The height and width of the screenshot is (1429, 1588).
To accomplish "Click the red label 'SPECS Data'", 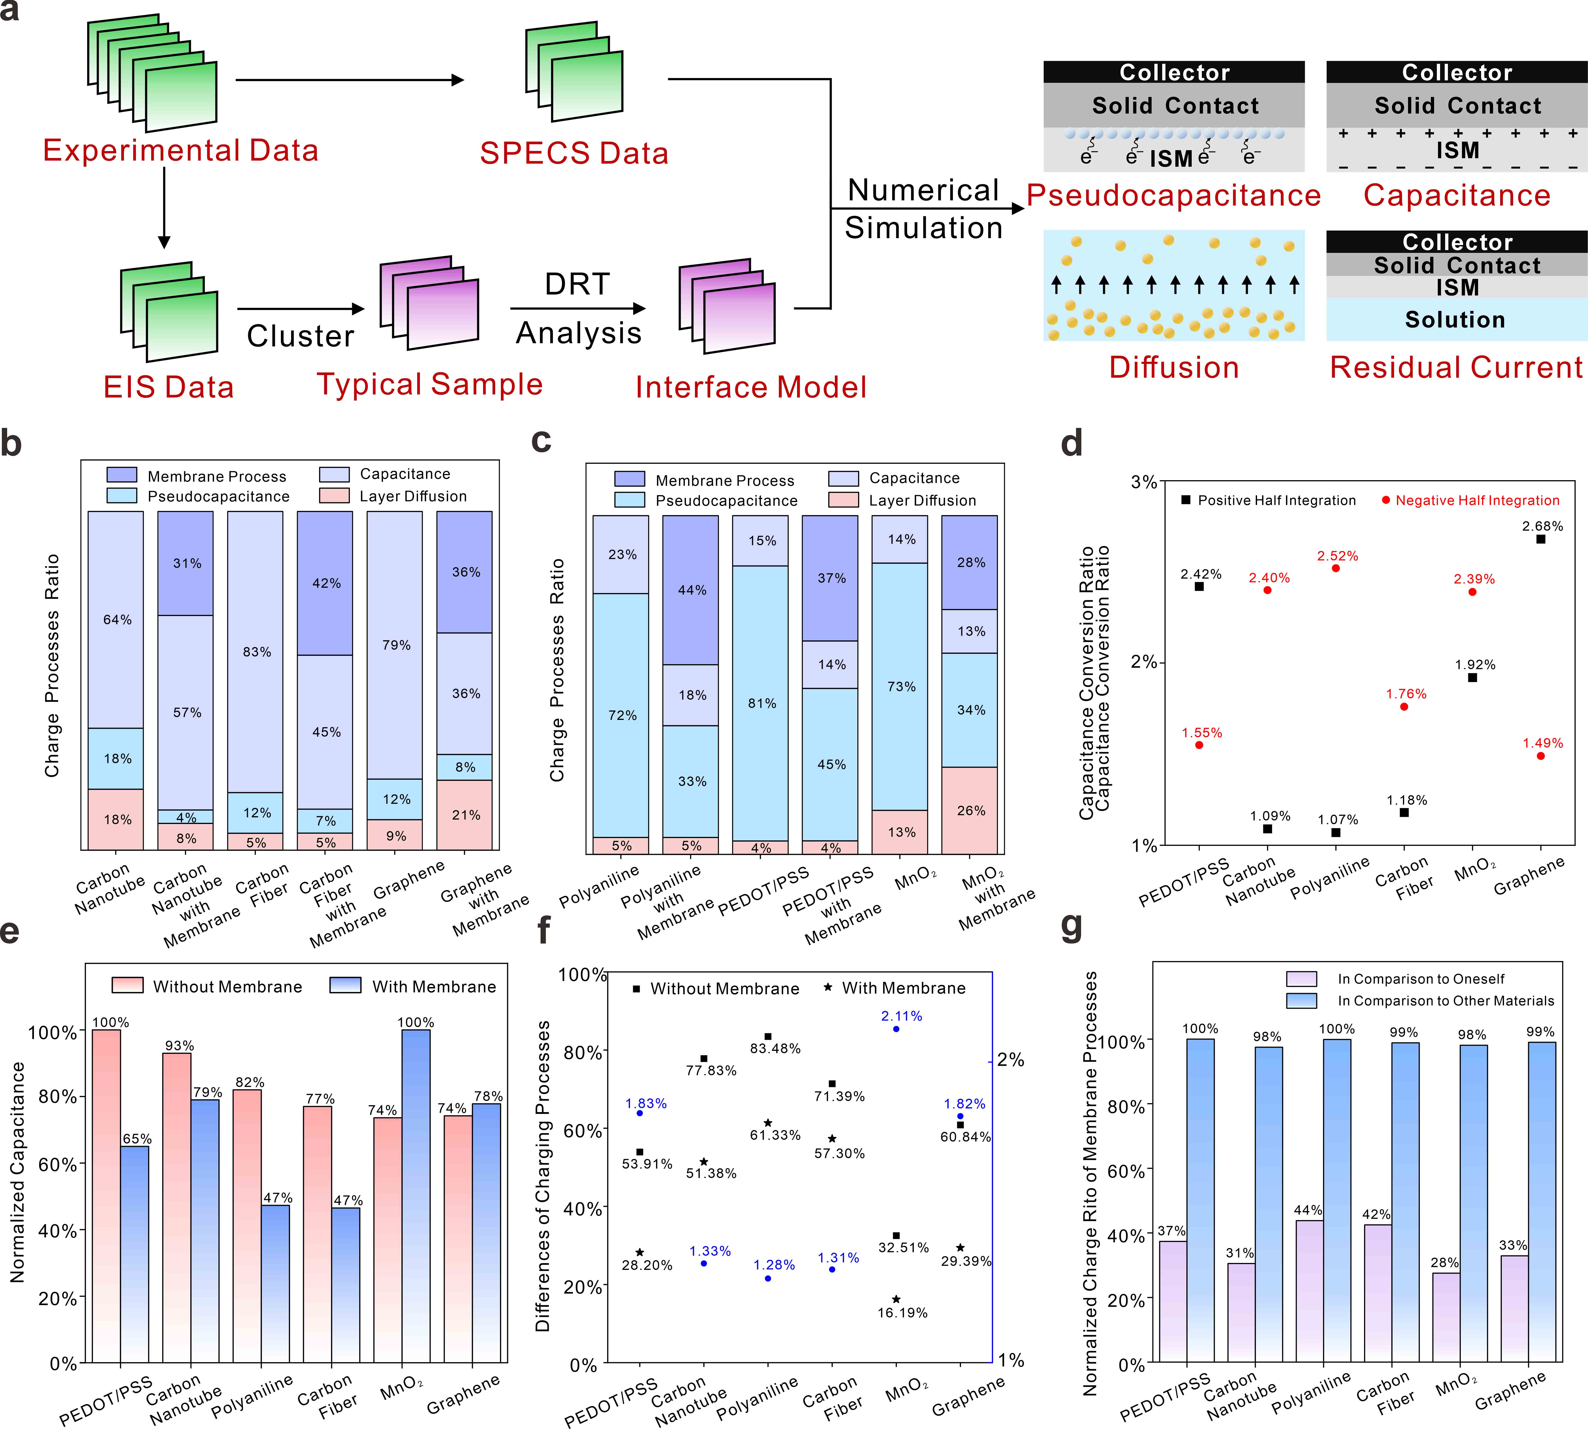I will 574,153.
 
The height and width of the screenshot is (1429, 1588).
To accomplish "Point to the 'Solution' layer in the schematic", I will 1455,320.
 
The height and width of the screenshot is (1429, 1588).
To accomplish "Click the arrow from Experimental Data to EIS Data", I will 164,208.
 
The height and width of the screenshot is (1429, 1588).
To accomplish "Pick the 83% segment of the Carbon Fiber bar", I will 255,652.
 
